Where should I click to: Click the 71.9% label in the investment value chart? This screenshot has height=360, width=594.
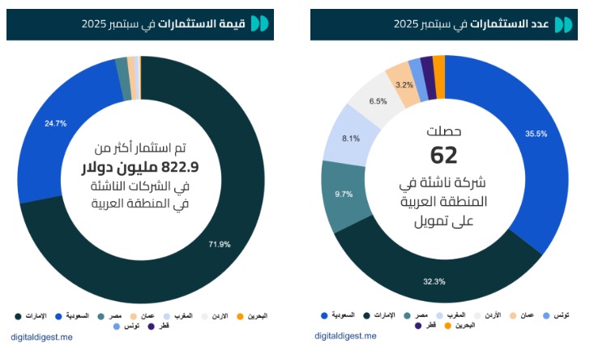click(220, 244)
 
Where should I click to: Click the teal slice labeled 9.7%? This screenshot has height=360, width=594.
click(343, 194)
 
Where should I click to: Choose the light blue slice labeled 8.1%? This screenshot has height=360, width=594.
click(351, 139)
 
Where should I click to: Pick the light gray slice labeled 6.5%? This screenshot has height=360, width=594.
click(377, 101)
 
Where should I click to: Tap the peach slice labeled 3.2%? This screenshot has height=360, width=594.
click(404, 84)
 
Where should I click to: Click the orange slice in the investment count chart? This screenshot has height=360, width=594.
click(438, 65)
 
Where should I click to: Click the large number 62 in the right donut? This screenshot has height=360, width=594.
click(444, 154)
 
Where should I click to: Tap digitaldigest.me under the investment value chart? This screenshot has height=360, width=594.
click(41, 336)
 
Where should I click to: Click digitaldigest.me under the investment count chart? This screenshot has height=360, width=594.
click(346, 336)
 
